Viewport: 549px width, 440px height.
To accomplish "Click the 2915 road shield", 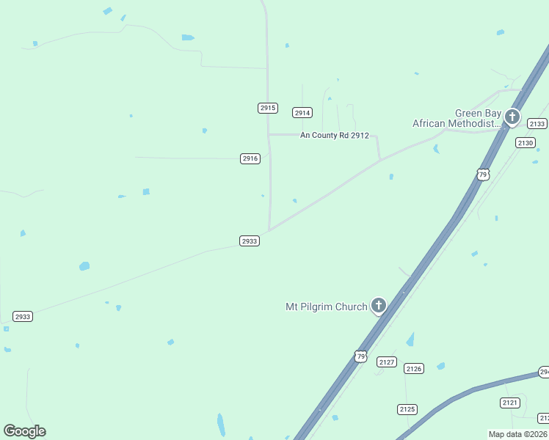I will coord(268,108).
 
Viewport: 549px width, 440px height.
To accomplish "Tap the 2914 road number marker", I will coord(302,112).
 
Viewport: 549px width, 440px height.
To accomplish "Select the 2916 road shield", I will coord(250,158).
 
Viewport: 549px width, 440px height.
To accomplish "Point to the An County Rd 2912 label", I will coord(334,136).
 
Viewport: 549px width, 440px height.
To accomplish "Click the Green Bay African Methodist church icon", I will coord(512,117).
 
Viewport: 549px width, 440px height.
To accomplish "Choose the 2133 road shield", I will coord(537,123).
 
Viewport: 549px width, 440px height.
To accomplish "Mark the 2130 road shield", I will coord(526,142).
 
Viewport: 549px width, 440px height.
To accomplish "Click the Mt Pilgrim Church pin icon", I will coord(379,305).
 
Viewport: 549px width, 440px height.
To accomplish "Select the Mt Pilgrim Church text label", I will coord(326,307).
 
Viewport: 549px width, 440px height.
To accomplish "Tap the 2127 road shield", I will coord(387,362).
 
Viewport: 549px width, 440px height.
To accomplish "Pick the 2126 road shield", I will coord(414,368).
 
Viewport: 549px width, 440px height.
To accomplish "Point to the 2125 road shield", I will coord(407,408).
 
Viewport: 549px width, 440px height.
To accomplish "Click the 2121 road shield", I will coord(510,403).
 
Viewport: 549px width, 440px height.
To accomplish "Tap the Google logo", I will coord(24,431).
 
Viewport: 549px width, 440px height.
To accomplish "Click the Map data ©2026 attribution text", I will coord(518,434).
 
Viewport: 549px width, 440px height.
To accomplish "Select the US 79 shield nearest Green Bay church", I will coord(482,174).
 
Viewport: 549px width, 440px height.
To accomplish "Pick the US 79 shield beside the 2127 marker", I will coord(360,356).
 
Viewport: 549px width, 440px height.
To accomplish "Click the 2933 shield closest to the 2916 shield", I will coord(250,241).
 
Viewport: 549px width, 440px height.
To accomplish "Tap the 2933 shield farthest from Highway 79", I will coord(23,317).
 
